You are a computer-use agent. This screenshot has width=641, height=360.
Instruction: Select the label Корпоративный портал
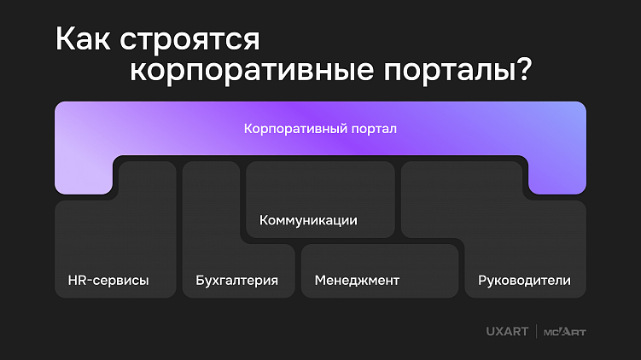pyautogui.click(x=320, y=130)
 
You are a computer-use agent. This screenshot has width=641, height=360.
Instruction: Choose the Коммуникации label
pyautogui.click(x=308, y=220)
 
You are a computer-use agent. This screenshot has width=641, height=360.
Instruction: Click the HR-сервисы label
pyautogui.click(x=108, y=280)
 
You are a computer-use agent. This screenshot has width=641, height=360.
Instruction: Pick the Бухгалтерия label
pyautogui.click(x=236, y=280)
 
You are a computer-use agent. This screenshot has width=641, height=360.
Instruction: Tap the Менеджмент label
pyautogui.click(x=357, y=280)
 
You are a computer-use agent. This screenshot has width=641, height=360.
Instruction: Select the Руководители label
pyautogui.click(x=525, y=280)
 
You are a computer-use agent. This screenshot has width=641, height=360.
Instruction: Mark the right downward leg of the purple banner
pyautogui.click(x=557, y=177)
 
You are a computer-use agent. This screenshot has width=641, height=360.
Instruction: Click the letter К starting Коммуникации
pyautogui.click(x=263, y=220)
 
